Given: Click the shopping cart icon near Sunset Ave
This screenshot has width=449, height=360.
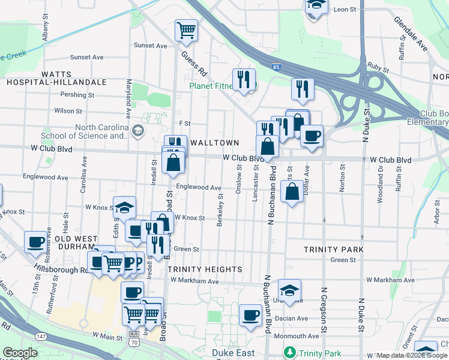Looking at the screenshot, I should (x=187, y=29).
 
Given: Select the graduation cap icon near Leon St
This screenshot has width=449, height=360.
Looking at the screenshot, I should (x=316, y=6).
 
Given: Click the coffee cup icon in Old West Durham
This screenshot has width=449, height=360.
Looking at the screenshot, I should (x=36, y=242).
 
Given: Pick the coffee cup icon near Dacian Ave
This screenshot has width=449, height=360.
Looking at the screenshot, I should (x=250, y=314).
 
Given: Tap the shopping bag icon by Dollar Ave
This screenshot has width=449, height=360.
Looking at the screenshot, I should (x=292, y=193).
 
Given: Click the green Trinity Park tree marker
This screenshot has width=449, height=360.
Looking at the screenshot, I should (x=290, y=352).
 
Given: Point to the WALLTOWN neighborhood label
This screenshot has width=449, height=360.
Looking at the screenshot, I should (x=214, y=143).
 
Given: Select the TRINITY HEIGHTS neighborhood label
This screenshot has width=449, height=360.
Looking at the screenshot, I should (x=205, y=269).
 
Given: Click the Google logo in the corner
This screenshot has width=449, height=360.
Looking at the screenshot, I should (x=20, y=353).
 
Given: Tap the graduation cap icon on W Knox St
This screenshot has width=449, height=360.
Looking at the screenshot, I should (x=125, y=208).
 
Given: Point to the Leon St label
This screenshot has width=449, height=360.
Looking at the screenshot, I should (x=345, y=10).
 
